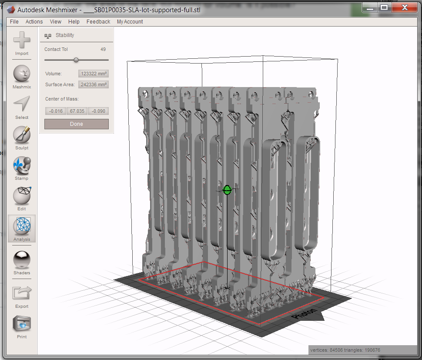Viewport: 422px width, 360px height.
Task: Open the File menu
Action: click(x=14, y=22)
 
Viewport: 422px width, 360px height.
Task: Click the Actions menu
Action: click(x=34, y=22)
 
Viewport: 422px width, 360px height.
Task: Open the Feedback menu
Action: click(x=98, y=22)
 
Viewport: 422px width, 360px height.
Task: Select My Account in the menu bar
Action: click(x=130, y=22)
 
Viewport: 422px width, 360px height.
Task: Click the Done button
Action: click(x=77, y=124)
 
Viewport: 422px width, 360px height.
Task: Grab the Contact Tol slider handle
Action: click(x=76, y=60)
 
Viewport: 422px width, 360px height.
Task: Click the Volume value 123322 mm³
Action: click(x=94, y=74)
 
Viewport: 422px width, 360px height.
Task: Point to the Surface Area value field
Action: click(x=94, y=84)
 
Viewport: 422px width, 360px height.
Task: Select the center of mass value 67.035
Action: click(x=77, y=111)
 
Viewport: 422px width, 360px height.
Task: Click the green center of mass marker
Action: click(x=227, y=190)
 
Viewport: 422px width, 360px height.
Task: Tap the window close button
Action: click(x=405, y=8)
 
